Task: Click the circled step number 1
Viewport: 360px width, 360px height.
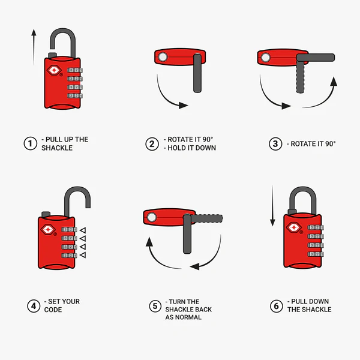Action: pyautogui.click(x=30, y=143)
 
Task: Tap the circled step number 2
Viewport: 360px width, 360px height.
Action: pyautogui.click(x=152, y=144)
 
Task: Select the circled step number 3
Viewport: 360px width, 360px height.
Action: pyautogui.click(x=275, y=144)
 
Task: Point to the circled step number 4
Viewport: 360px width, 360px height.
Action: pyautogui.click(x=33, y=306)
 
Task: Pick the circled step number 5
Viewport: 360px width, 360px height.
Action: pyautogui.click(x=155, y=306)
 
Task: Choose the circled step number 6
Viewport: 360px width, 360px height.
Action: pyautogui.click(x=276, y=306)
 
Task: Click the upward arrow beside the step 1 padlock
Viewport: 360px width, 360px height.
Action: pyautogui.click(x=34, y=45)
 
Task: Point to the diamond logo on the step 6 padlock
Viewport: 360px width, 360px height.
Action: pyautogui.click(x=294, y=227)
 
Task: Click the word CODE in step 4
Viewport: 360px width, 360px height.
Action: pyautogui.click(x=52, y=310)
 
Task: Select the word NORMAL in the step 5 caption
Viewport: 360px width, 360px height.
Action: pyautogui.click(x=188, y=317)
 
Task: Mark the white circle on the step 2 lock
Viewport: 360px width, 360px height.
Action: pyautogui.click(x=161, y=58)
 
